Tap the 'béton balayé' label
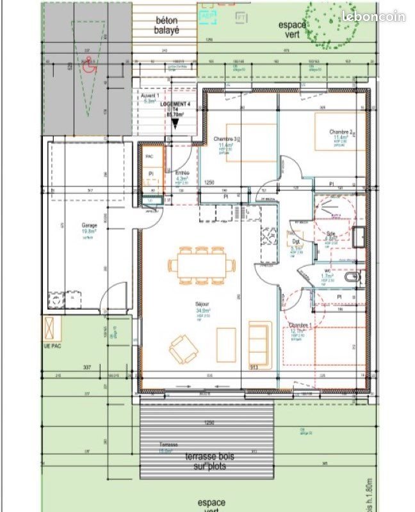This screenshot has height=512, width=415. pyautogui.click(x=168, y=25)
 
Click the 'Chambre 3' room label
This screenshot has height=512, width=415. pyautogui.click(x=225, y=139)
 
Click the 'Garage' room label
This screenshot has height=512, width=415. pyautogui.click(x=89, y=226)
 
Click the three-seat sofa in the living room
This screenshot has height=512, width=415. pyautogui.click(x=259, y=343)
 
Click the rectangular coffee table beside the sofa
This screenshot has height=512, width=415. pyautogui.click(x=226, y=346)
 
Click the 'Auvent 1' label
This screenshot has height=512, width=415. pyautogui.click(x=150, y=95)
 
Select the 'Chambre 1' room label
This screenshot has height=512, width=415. pyautogui.click(x=300, y=325)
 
